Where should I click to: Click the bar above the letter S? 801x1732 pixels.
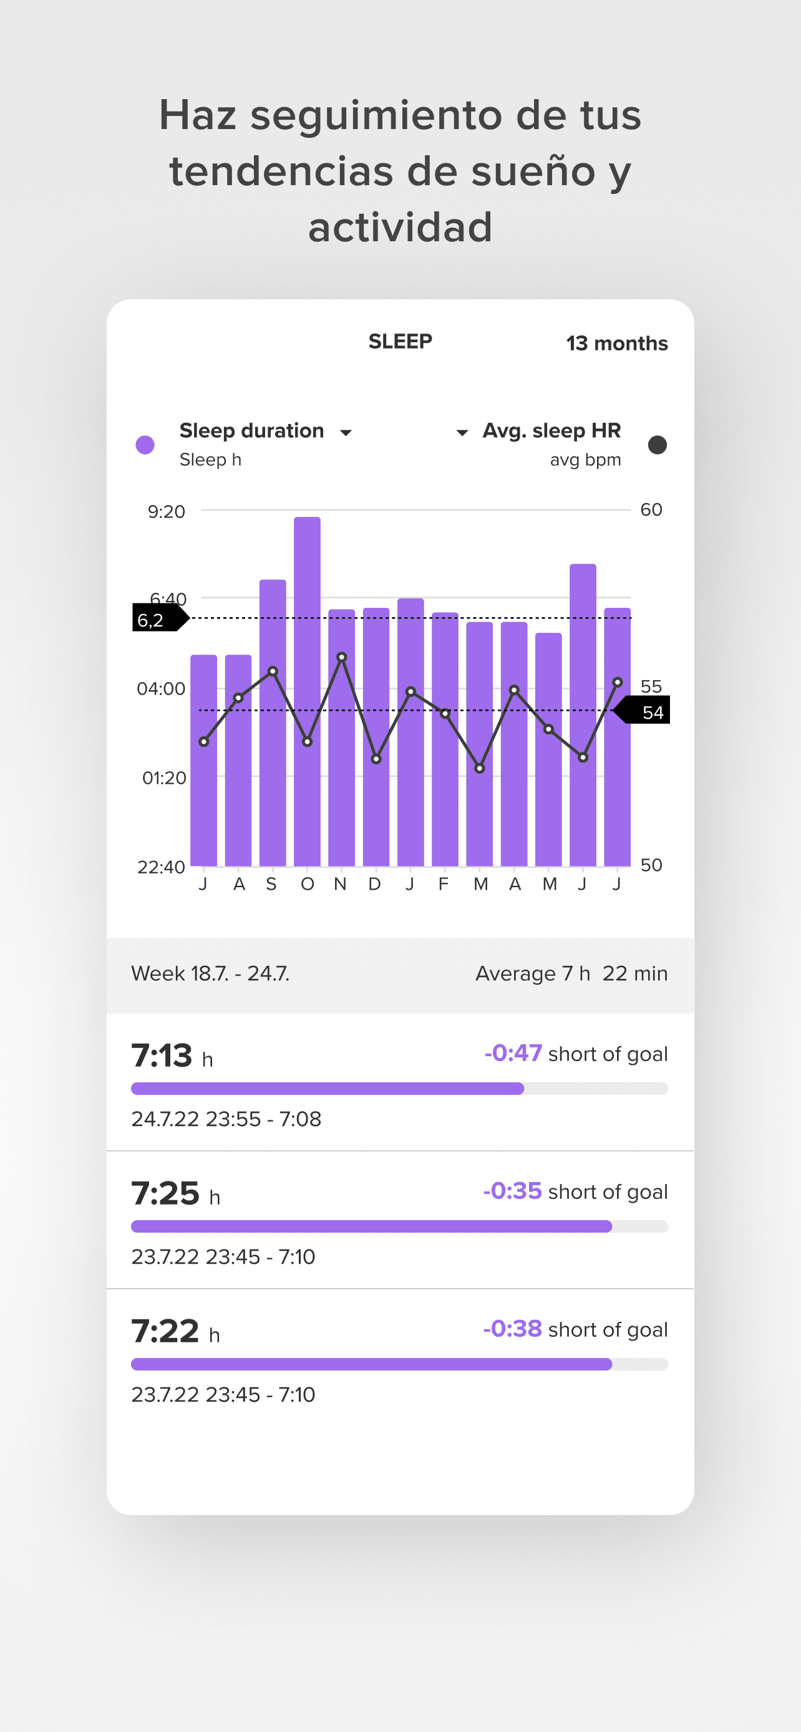click(273, 722)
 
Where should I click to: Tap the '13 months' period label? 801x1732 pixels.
click(617, 344)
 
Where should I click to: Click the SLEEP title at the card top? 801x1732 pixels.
click(400, 342)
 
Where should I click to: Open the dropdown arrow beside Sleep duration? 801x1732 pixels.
click(346, 433)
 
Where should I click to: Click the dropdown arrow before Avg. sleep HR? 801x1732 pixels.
click(462, 433)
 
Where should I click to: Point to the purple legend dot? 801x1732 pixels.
click(145, 445)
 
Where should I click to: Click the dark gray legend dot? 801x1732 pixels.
click(657, 445)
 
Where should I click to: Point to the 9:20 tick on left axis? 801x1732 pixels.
click(166, 512)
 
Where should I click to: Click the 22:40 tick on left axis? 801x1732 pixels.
click(161, 867)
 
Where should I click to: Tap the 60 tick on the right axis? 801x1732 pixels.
click(651, 509)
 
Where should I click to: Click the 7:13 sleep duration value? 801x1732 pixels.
click(162, 1055)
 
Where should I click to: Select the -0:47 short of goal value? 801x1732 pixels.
click(513, 1053)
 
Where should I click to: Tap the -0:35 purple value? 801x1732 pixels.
click(513, 1191)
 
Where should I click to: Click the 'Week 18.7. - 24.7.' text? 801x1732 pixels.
click(210, 974)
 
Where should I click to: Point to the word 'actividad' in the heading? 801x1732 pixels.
click(400, 228)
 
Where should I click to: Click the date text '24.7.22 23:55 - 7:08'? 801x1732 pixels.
click(226, 1119)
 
